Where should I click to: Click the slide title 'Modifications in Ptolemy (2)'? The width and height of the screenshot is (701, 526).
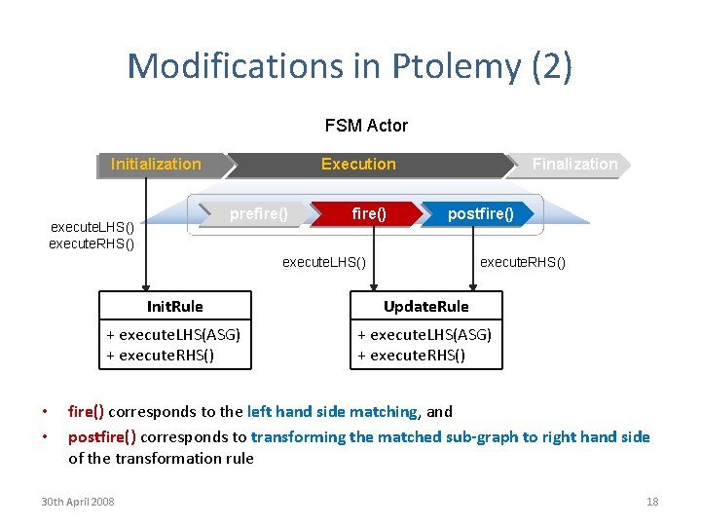coord(350,66)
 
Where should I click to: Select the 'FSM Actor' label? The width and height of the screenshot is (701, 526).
coord(366,126)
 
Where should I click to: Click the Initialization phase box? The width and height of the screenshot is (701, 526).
coord(156,165)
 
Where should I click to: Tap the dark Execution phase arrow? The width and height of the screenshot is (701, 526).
coord(358,165)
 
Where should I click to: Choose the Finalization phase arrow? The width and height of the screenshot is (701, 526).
coord(573,165)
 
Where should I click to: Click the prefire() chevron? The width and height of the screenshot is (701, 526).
coord(258,213)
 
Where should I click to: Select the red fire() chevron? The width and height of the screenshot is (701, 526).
coord(368,213)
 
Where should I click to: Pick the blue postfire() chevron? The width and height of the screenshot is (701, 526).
coord(481,213)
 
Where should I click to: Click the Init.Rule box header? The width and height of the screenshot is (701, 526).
coord(174,307)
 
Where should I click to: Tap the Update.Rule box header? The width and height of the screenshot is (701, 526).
coord(425,307)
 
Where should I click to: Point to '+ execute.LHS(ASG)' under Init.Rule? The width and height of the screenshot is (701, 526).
coord(173,335)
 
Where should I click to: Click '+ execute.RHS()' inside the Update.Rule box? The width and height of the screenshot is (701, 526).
coord(411,355)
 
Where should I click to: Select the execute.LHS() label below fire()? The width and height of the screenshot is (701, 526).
coord(324,262)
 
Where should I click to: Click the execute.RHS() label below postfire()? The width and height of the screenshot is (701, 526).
coord(523,262)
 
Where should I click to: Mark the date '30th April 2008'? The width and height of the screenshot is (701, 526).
coord(77,502)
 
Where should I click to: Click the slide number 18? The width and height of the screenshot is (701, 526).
coord(652,502)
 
